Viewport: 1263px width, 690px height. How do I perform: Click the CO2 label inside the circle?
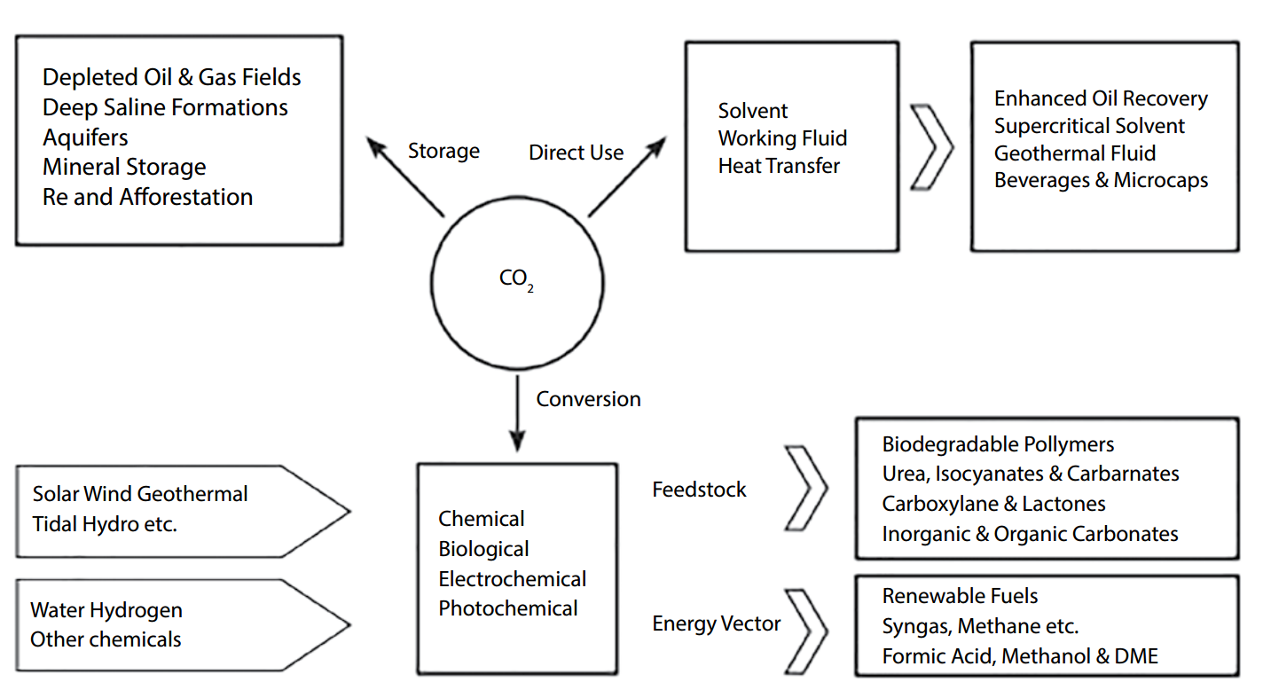coord(516,280)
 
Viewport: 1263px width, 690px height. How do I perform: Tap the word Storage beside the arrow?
coord(443,152)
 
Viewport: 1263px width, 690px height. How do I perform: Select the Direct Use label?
coord(576,153)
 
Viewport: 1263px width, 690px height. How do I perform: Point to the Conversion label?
coord(588,399)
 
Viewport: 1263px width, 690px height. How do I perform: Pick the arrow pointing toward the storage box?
coord(406,176)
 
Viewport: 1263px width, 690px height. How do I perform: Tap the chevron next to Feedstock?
coord(807,489)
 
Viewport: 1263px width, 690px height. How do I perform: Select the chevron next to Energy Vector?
coord(807,625)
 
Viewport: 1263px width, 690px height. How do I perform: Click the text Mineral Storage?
coord(124,167)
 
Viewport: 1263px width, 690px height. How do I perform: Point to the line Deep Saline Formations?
coord(165,108)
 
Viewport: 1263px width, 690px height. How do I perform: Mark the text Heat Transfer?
coord(779,165)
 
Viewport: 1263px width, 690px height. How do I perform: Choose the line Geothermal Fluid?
coord(1074,153)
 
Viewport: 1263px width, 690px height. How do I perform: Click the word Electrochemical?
coord(512,579)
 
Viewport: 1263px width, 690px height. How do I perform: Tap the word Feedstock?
coord(699,490)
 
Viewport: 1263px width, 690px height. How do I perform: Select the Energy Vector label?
coord(716,624)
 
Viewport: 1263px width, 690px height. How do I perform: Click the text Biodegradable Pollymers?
coord(998,444)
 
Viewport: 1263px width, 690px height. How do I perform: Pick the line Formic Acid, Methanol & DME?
coord(1020,656)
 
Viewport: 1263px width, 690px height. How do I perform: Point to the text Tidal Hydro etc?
coord(105,523)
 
